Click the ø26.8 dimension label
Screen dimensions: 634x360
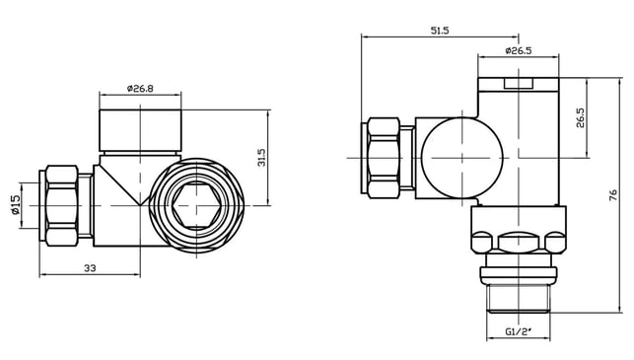click(140, 88)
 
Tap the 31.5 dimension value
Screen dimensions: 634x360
click(261, 158)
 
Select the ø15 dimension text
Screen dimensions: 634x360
click(16, 205)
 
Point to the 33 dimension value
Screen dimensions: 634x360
click(90, 267)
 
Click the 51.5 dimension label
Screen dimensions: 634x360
click(440, 31)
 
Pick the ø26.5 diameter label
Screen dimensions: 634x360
click(518, 50)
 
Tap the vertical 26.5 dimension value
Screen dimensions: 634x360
click(580, 117)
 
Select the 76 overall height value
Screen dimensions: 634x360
click(613, 195)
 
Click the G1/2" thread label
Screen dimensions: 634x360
click(518, 331)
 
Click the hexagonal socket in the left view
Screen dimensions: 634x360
click(196, 205)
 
